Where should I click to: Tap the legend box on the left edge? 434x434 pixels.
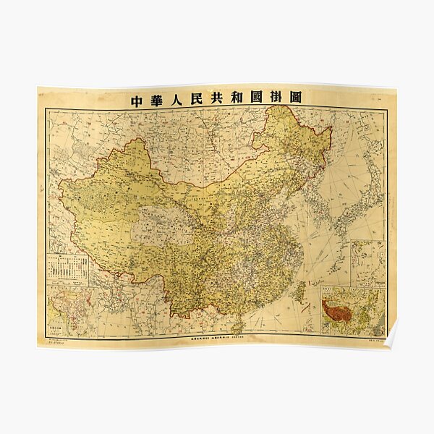click(67, 268)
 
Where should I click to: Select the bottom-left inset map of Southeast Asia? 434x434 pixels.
click(72, 311)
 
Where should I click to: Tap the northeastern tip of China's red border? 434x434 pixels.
click(330, 130)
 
